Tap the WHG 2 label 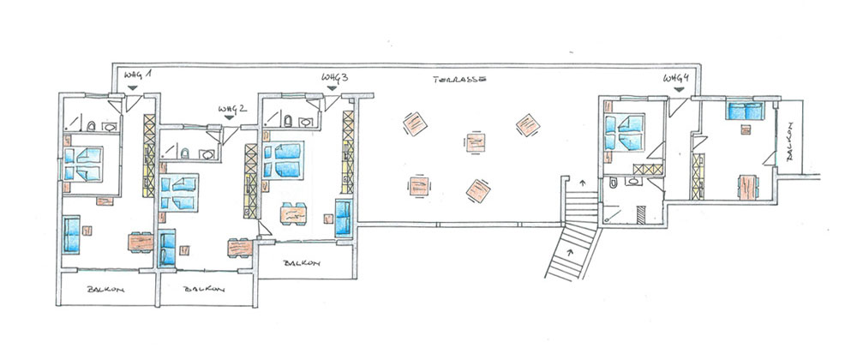232,108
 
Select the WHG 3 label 334,78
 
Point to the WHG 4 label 676,78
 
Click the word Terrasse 459,79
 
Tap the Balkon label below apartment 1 105,289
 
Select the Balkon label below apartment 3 302,263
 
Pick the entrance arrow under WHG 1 132,88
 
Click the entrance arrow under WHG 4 679,90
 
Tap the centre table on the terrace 475,142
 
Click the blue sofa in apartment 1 71,234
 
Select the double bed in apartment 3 283,160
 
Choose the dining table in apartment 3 293,213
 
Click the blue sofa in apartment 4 744,111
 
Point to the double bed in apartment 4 625,132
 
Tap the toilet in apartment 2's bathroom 185,153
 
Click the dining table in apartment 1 141,242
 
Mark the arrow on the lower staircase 571,252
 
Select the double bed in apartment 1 83,164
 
